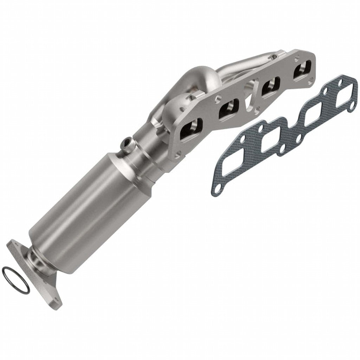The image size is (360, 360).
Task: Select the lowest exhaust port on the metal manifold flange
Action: [192, 129]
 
